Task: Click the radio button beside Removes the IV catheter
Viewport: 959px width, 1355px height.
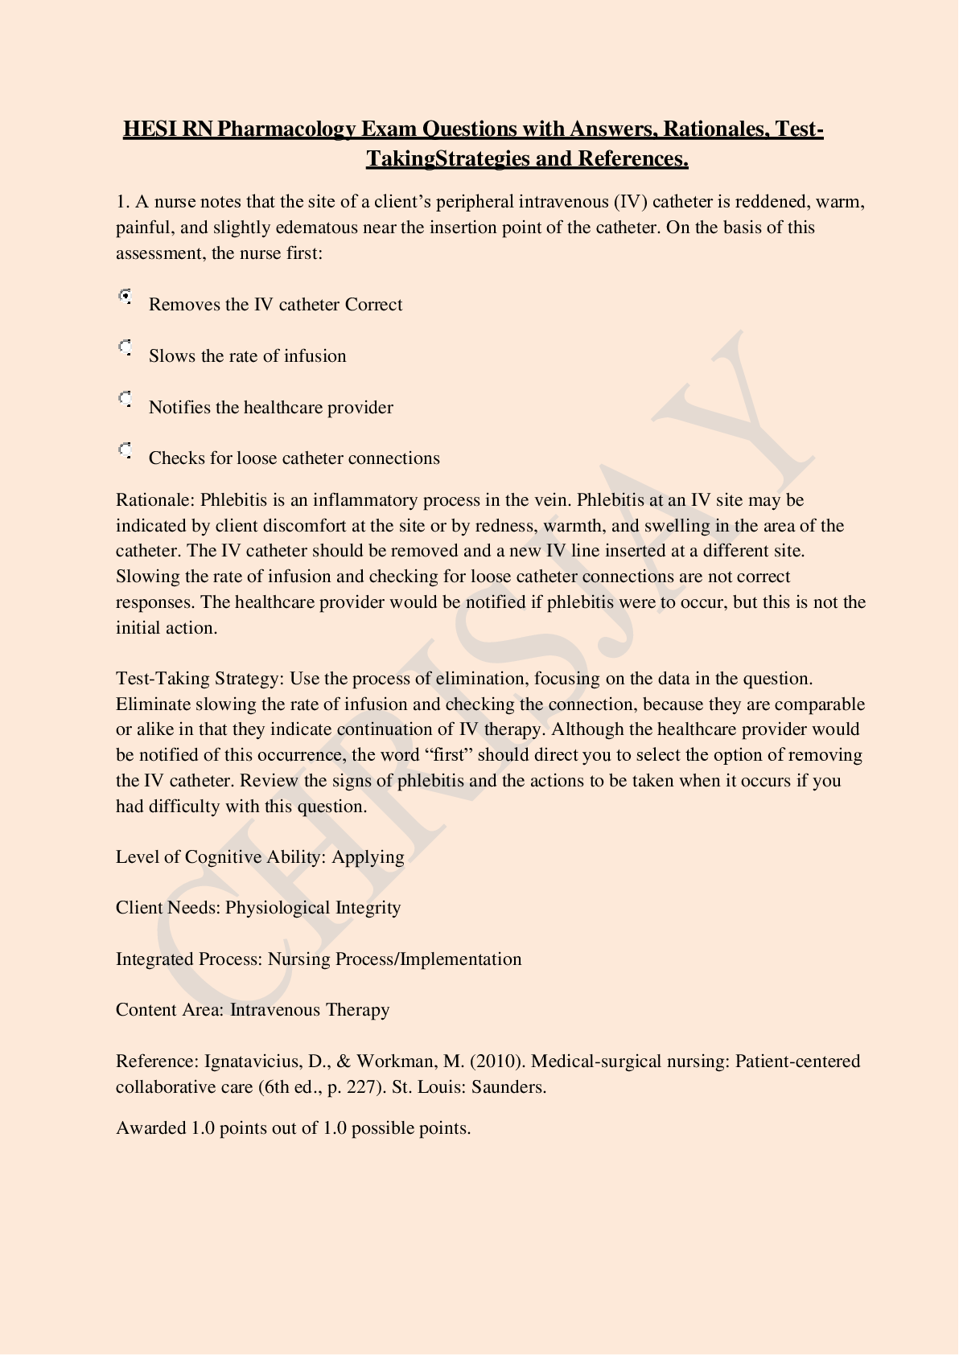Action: pyautogui.click(x=125, y=297)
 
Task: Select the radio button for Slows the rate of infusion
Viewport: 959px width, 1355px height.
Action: pyautogui.click(x=125, y=348)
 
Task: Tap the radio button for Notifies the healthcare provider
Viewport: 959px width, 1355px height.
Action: pyautogui.click(x=125, y=400)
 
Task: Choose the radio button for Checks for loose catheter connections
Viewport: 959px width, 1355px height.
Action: pyautogui.click(x=125, y=450)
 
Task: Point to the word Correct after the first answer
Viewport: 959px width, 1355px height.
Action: pyautogui.click(x=373, y=305)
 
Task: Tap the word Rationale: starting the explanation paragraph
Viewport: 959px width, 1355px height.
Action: pyautogui.click(x=155, y=500)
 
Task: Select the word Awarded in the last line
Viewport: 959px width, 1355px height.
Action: pyautogui.click(x=150, y=1128)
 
